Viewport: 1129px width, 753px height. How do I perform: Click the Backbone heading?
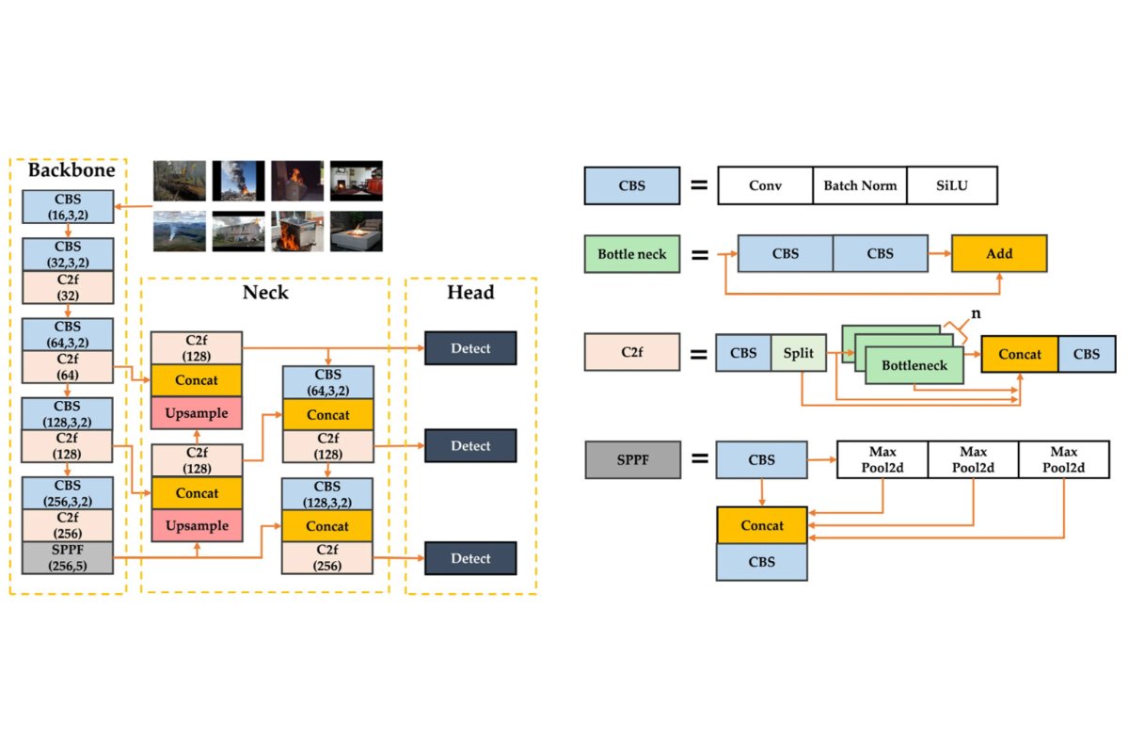tap(71, 171)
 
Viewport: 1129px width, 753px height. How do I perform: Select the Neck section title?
tap(264, 293)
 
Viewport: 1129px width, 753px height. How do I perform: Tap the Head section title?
tap(470, 293)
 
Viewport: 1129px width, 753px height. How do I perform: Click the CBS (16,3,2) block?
tap(67, 207)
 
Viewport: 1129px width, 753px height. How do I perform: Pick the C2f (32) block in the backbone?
tap(67, 287)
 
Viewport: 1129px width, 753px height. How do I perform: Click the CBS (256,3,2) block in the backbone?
tap(67, 493)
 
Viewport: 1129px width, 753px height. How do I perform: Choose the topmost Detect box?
tap(470, 348)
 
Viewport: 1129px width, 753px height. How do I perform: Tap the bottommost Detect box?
tap(470, 558)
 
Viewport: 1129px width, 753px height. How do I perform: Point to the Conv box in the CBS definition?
tap(765, 186)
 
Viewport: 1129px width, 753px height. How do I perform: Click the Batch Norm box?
tap(860, 186)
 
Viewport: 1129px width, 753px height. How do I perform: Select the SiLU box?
tap(952, 186)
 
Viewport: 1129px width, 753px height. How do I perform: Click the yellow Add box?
tap(998, 254)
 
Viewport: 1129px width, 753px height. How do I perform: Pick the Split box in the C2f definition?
tap(798, 355)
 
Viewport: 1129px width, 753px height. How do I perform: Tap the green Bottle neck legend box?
tap(632, 254)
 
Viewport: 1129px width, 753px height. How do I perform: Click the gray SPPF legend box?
tap(632, 460)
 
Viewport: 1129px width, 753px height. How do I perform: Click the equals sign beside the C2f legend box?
tap(699, 355)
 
